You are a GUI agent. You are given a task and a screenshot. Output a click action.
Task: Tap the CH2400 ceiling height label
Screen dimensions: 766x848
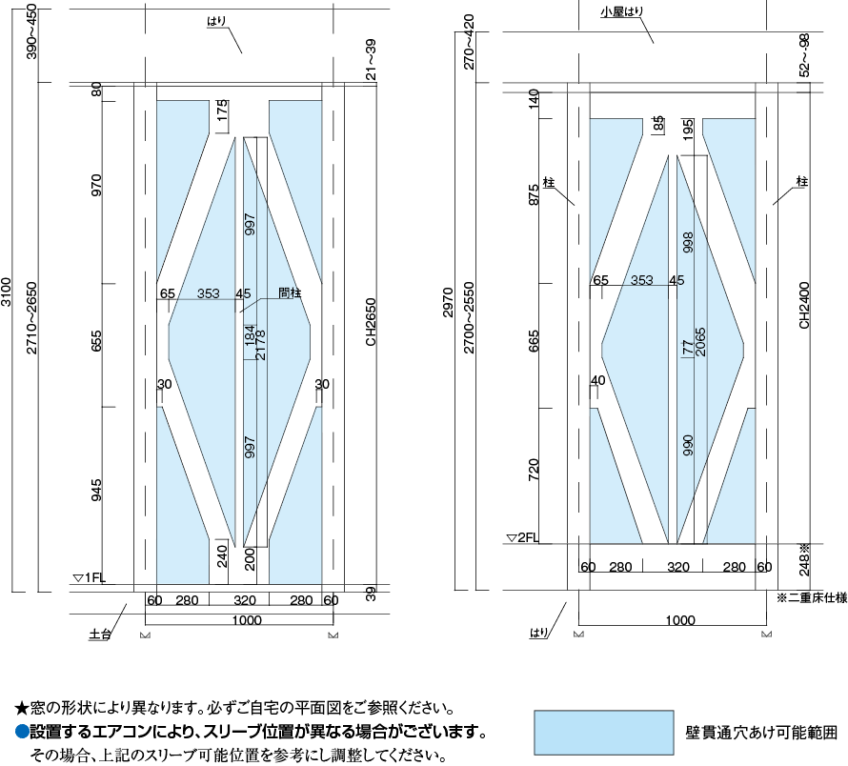[805, 305]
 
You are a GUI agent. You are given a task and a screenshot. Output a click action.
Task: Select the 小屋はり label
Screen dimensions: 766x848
[622, 12]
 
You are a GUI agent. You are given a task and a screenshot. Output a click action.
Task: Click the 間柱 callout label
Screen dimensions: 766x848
[290, 293]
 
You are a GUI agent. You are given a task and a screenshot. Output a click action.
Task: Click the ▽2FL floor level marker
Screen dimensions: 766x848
[523, 537]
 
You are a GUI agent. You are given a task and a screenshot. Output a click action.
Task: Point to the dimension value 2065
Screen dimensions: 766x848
[701, 340]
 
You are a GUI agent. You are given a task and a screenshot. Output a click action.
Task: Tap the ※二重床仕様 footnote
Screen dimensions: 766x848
[812, 599]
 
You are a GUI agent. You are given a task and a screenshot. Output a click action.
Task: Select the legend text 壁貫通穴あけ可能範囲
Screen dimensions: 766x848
[760, 735]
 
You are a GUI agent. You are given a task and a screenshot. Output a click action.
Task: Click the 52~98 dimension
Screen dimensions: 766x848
[805, 54]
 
